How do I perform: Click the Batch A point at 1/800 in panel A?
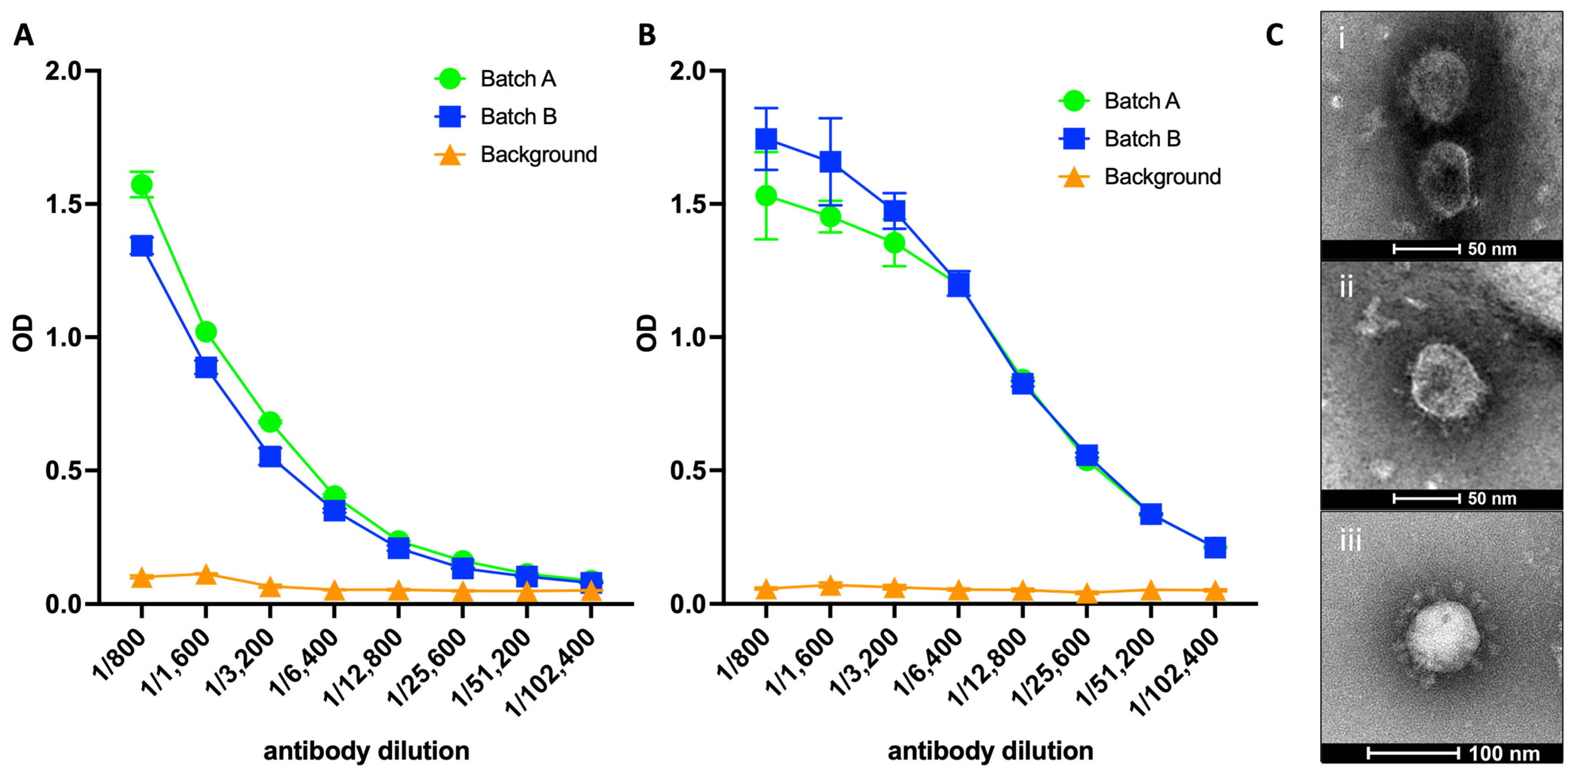coord(142,185)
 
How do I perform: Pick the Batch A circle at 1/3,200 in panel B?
coord(894,243)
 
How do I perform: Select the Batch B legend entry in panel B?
coord(1120,138)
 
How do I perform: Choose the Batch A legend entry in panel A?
coord(495,79)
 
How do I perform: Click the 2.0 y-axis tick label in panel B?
coord(688,71)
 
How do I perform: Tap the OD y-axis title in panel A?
coord(23,333)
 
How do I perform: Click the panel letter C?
coord(1275,35)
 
